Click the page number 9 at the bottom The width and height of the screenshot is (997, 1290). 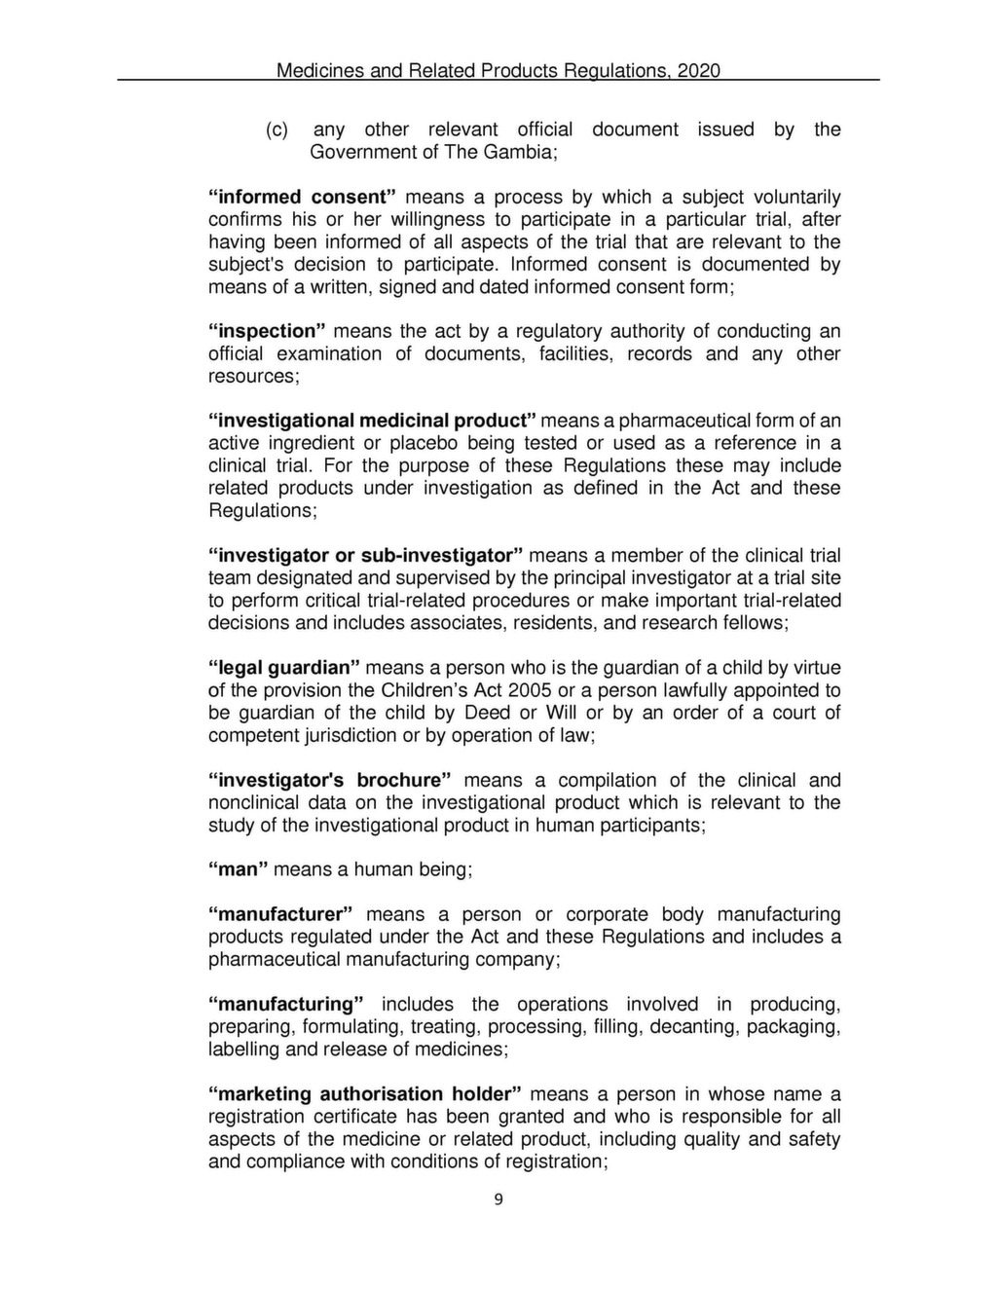click(498, 1199)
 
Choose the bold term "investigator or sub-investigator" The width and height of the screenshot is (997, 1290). click(365, 556)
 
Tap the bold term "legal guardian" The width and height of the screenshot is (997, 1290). click(283, 668)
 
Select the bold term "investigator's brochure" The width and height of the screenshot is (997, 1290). click(330, 781)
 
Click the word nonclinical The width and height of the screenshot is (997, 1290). click(254, 803)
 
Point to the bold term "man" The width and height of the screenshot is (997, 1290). click(239, 869)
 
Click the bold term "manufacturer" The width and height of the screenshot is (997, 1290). click(279, 915)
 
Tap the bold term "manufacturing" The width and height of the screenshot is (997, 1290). click(286, 1005)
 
